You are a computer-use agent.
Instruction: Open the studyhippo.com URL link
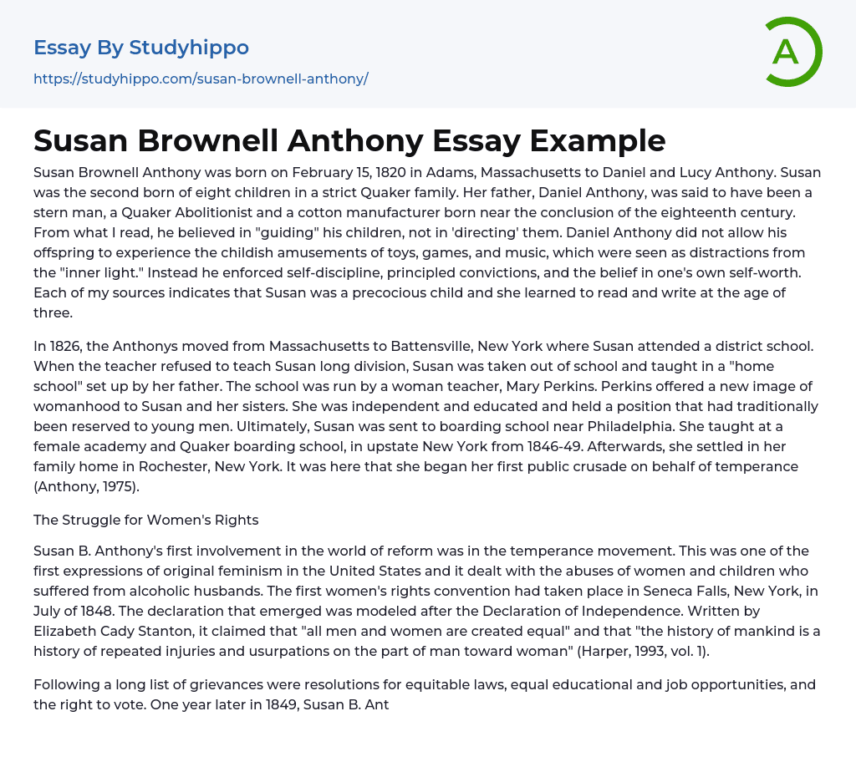(x=201, y=79)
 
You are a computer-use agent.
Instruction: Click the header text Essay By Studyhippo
(x=141, y=48)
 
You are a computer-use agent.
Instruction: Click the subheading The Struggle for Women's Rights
(x=146, y=520)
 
